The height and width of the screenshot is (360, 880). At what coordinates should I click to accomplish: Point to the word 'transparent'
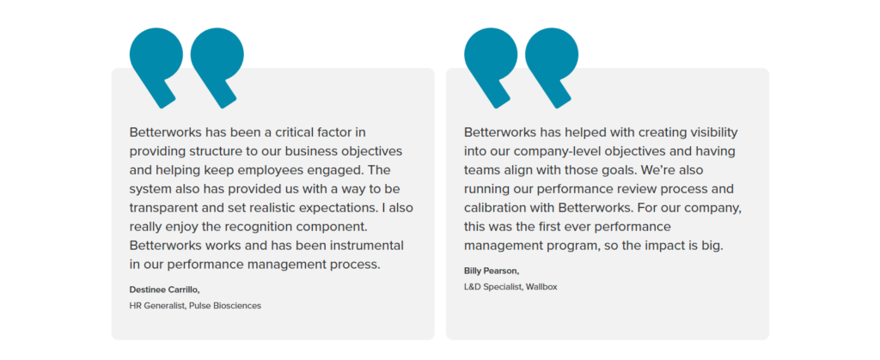pyautogui.click(x=166, y=207)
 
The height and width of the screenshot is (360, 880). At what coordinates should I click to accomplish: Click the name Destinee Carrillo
pyautogui.click(x=164, y=289)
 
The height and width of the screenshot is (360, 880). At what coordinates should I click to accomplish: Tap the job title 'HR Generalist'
pyautogui.click(x=156, y=305)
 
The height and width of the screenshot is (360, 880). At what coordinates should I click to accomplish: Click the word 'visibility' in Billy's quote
pyautogui.click(x=709, y=132)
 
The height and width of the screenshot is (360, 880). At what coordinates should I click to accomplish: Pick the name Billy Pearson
pyautogui.click(x=492, y=271)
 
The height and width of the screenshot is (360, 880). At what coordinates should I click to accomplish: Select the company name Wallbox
pyautogui.click(x=542, y=286)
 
